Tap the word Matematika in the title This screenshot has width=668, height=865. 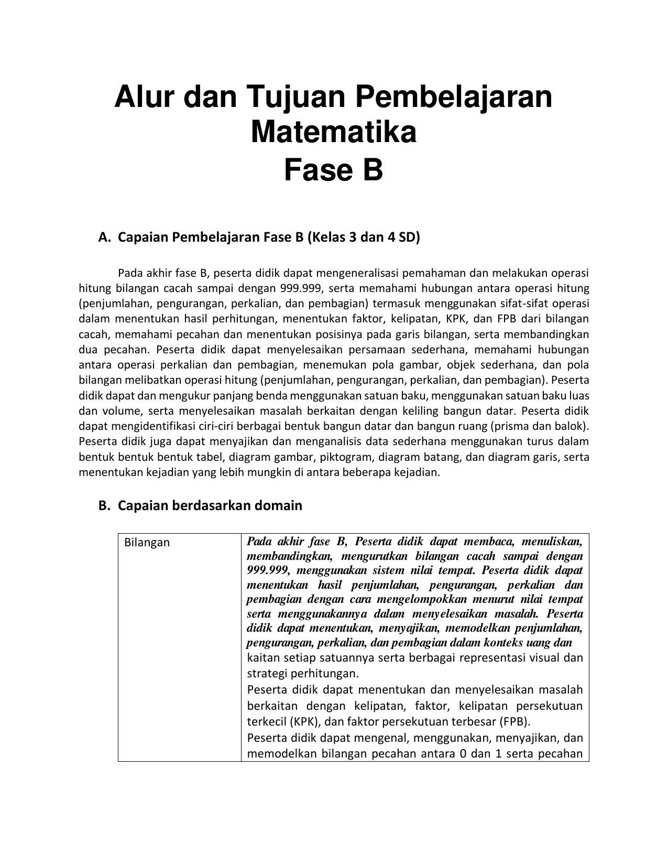coord(334,132)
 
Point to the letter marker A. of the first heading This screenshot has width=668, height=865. coord(104,237)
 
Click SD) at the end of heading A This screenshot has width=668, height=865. coord(409,237)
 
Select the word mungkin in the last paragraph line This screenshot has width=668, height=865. coord(262,472)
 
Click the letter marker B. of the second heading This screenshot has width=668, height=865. coord(104,506)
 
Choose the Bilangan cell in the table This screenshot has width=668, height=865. coord(147,543)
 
